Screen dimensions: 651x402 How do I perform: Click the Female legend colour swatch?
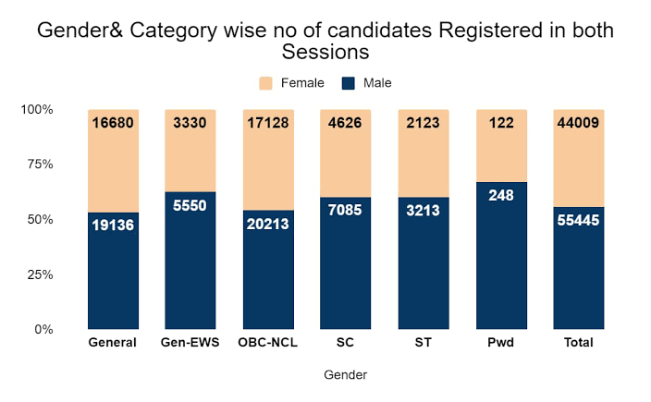[x=265, y=83]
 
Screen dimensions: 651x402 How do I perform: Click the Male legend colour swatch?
[x=349, y=83]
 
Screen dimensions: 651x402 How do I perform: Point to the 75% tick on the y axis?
[x=41, y=164]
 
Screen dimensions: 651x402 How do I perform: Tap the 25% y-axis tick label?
[x=41, y=274]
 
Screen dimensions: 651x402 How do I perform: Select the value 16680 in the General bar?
[x=113, y=123]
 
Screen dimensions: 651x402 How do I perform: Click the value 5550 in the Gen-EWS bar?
[x=190, y=205]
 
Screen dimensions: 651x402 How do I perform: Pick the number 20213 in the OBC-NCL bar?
[x=268, y=224]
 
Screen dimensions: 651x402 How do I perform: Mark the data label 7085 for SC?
[x=345, y=210]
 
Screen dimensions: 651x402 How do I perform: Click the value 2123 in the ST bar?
[x=424, y=123]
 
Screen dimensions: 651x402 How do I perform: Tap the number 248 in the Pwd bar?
[x=501, y=195]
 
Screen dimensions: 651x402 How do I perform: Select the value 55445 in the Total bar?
[x=578, y=220]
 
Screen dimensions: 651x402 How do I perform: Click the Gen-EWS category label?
[x=190, y=343]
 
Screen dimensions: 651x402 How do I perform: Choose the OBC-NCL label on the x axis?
[x=268, y=343]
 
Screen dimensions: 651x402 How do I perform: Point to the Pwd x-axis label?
[x=501, y=343]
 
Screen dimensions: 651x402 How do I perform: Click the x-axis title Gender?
[x=346, y=375]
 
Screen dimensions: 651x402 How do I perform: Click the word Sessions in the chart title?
[x=325, y=53]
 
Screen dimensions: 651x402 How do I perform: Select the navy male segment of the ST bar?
[x=424, y=263]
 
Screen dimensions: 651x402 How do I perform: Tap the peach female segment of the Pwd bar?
[x=501, y=146]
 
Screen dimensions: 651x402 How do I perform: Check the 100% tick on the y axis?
[x=37, y=110]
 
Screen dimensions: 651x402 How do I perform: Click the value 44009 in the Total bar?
[x=578, y=123]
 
